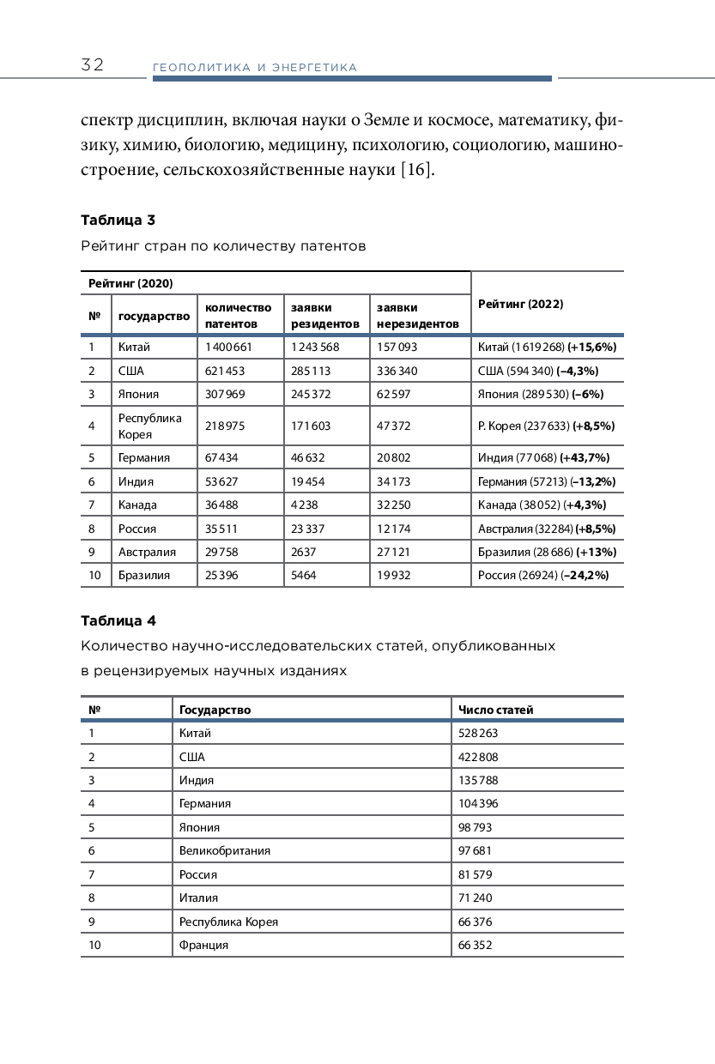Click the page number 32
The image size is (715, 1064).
point(93,65)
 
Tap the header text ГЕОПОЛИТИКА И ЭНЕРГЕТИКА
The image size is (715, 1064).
point(254,68)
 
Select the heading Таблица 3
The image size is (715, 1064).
point(118,220)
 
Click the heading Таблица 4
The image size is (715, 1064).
point(118,620)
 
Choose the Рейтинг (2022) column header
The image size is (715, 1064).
point(520,304)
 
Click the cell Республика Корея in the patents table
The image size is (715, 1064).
point(150,426)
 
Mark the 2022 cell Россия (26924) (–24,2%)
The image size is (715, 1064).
point(543,575)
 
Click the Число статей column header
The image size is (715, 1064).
point(496,710)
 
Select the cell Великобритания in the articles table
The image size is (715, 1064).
point(225,850)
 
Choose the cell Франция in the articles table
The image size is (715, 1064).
point(203,945)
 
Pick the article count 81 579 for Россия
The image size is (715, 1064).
point(476,874)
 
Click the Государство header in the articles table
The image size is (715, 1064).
point(215,710)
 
